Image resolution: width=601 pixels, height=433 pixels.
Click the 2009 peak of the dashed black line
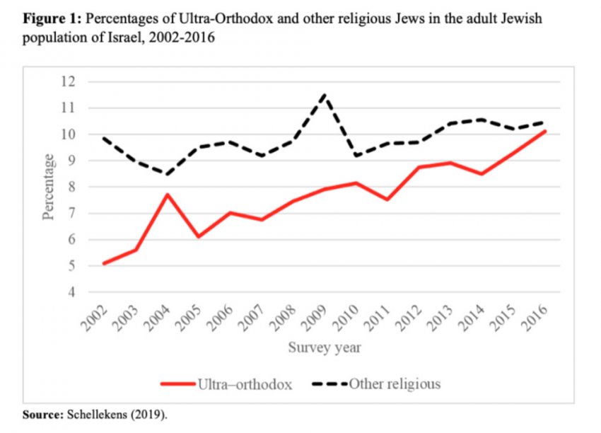click(x=325, y=94)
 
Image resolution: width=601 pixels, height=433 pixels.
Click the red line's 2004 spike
click(x=167, y=195)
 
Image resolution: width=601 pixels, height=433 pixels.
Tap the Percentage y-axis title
click(x=49, y=187)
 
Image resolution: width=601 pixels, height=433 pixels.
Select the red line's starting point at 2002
click(x=104, y=263)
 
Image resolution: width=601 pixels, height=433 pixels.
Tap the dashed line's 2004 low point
click(x=167, y=174)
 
